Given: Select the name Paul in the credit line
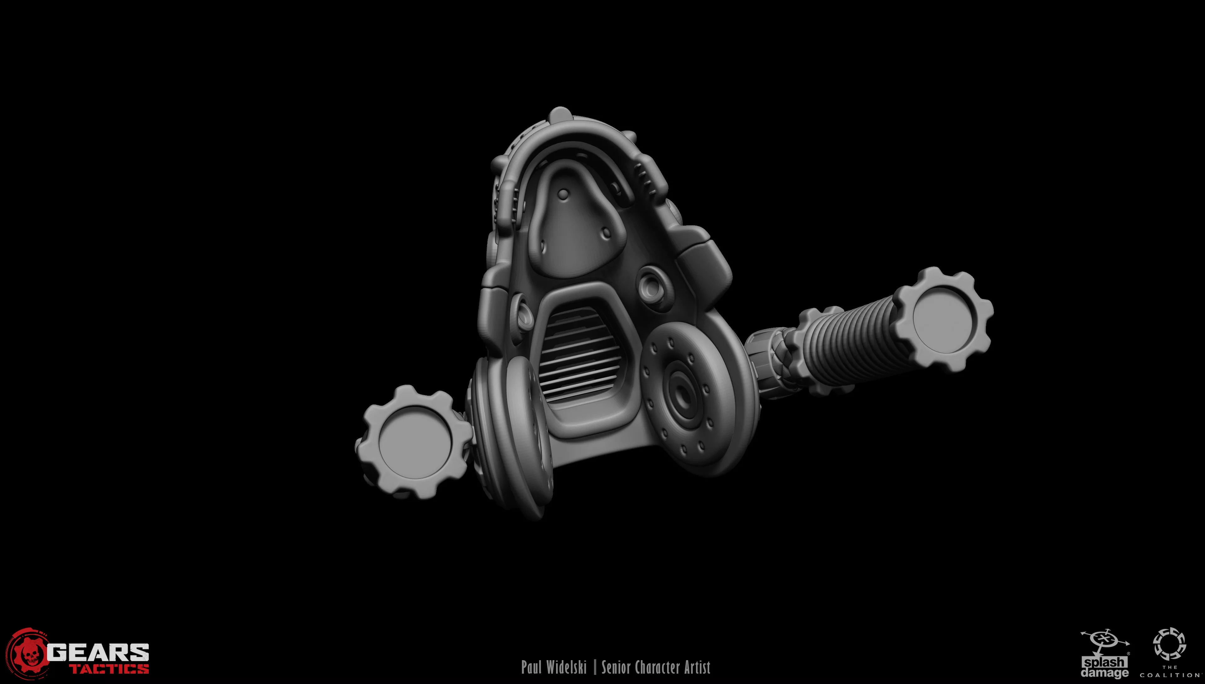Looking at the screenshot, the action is click(531, 667).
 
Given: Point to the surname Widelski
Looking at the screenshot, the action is click(566, 667).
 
